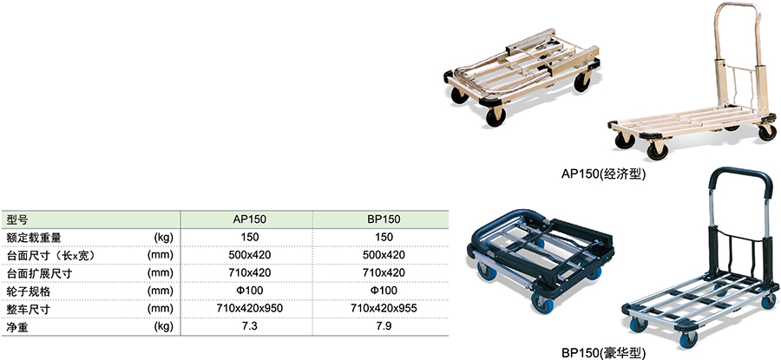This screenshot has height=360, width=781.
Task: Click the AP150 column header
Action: coord(250,219)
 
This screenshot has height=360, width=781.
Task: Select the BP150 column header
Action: coord(384,219)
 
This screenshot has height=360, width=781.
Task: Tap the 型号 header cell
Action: coord(17,219)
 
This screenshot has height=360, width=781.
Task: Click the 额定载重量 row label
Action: coord(34,238)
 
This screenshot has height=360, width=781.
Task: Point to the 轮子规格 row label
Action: coord(29,291)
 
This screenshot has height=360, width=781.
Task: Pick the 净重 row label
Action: coord(17,327)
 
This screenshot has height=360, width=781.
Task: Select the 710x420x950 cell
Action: coord(250,309)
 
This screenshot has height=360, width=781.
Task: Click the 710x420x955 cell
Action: coord(384,309)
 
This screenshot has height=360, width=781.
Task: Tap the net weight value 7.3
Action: coord(250,327)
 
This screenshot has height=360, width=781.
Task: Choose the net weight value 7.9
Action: coord(384,327)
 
